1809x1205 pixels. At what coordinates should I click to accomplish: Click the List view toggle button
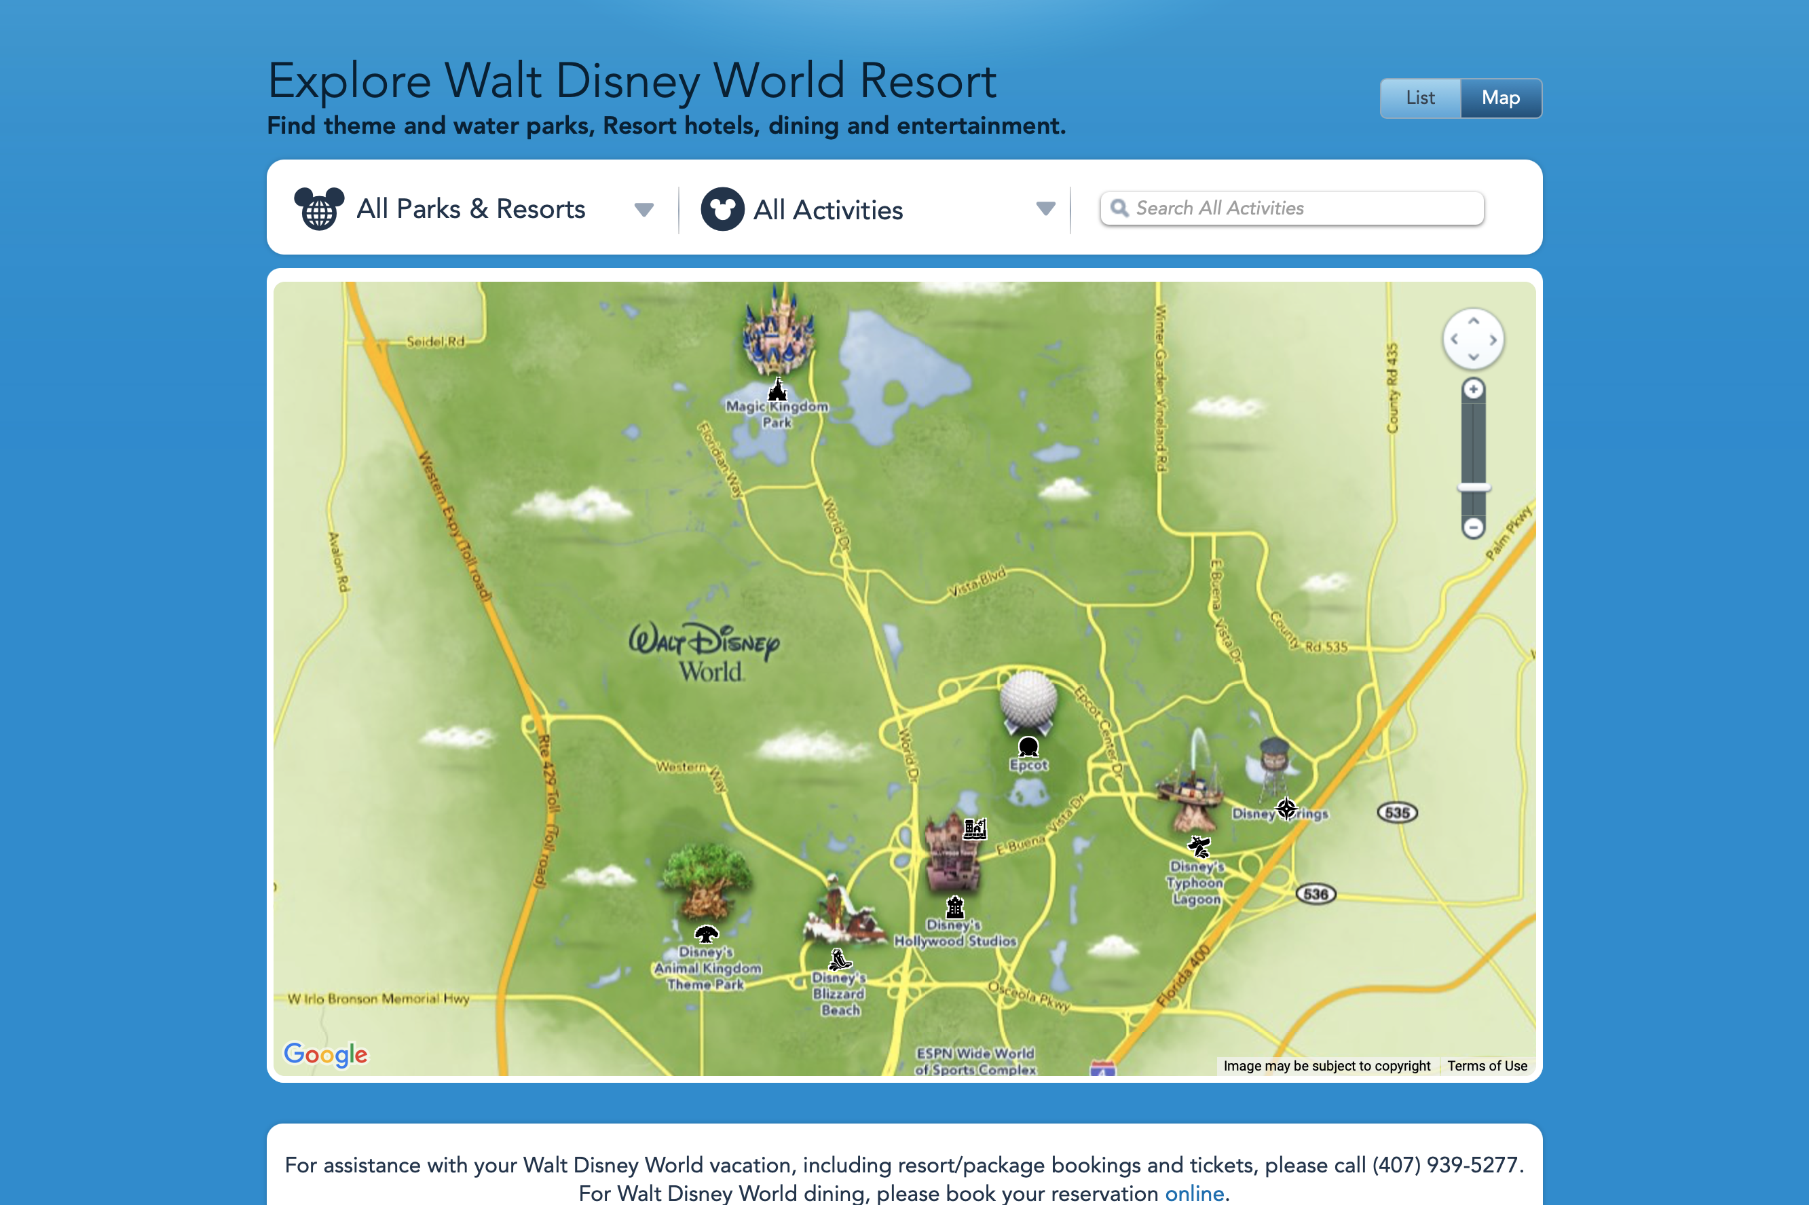tap(1419, 98)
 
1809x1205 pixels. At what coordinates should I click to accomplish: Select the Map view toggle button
tap(1500, 98)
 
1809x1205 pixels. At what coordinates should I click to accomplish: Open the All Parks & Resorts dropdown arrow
tap(644, 209)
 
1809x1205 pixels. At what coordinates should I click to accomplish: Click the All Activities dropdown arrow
tap(1045, 208)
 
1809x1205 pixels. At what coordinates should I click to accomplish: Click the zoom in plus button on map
tap(1472, 390)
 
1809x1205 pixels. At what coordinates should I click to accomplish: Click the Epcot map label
tap(1028, 765)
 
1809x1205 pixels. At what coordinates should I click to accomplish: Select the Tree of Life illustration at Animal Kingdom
tap(705, 880)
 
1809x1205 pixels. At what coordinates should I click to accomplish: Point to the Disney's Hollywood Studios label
tap(954, 933)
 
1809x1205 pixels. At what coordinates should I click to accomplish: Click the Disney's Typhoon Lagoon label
tap(1195, 883)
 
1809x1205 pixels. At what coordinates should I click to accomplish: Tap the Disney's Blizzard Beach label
tap(839, 994)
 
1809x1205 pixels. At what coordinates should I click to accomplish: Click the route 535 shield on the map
tap(1396, 813)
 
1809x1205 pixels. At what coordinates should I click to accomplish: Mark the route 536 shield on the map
tap(1316, 894)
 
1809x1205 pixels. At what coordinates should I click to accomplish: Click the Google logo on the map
tap(326, 1054)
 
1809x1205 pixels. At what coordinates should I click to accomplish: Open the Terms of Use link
tap(1487, 1066)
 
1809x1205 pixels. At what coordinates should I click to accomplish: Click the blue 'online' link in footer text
tap(1193, 1193)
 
